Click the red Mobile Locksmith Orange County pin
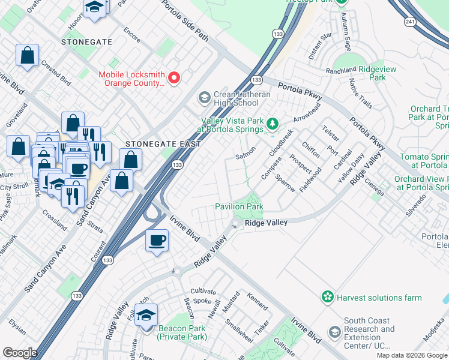coord(175,78)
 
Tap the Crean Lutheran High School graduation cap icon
coord(204,97)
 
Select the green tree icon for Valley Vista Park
coord(273,123)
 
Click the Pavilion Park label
coord(239,206)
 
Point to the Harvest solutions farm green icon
coord(328,297)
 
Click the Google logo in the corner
coord(20,353)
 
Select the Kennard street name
coord(258,302)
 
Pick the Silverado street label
coord(415,205)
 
